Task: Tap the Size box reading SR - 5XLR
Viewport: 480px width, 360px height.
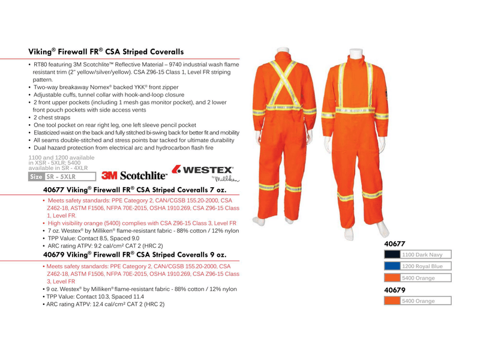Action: pyautogui.click(x=62, y=177)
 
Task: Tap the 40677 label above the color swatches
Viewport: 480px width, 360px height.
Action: pyautogui.click(x=395, y=244)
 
